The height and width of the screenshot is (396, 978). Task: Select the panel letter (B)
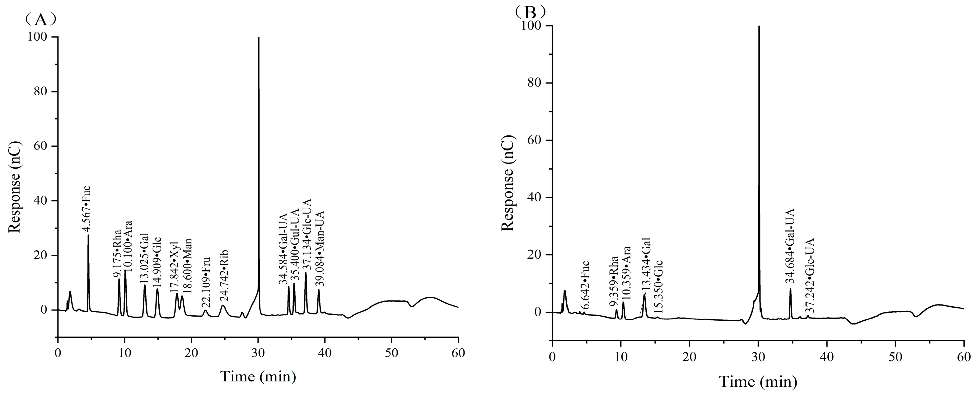click(530, 12)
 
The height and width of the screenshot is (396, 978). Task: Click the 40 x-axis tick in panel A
click(325, 353)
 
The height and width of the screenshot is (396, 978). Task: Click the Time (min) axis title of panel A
click(258, 377)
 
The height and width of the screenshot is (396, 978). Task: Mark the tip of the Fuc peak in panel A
click(88, 235)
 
